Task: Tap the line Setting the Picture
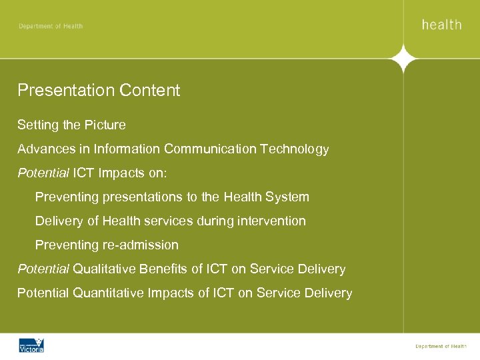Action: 71,125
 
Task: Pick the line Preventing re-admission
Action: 107,245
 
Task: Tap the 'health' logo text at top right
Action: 441,25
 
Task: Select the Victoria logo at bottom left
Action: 31,345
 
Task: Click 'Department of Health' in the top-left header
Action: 51,26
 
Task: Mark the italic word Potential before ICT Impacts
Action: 43,173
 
